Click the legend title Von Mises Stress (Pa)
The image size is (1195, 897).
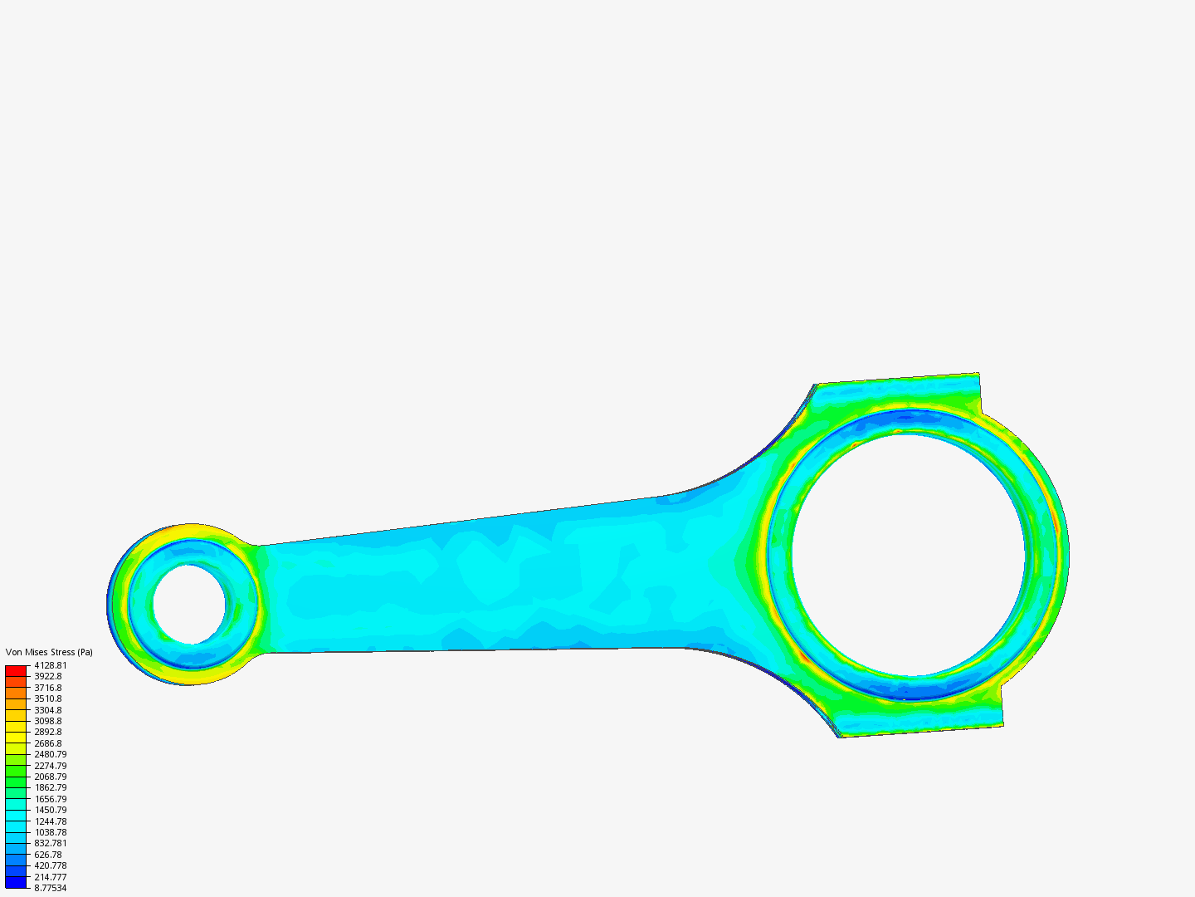coord(49,652)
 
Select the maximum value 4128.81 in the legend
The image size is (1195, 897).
coord(51,665)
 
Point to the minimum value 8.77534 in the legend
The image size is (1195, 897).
coord(51,888)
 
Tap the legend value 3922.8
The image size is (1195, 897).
coord(48,676)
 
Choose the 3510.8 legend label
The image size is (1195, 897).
coord(48,698)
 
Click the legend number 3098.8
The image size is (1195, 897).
coord(48,721)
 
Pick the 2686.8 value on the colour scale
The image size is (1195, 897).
coord(48,743)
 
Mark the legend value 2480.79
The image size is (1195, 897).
coord(51,754)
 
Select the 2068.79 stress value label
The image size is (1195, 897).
coord(51,777)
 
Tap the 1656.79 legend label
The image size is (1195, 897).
coord(51,799)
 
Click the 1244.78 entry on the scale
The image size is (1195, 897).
coord(51,821)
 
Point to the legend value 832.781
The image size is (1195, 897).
coord(51,843)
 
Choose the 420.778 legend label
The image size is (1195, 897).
coord(51,865)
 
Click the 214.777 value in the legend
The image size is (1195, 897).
coord(51,877)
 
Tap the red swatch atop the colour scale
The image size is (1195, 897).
coord(16,670)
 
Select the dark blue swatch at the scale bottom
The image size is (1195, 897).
coord(16,882)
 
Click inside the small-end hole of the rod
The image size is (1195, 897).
coord(189,604)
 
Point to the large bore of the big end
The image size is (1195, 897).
coord(909,555)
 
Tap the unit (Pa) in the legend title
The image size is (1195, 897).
coord(85,652)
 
